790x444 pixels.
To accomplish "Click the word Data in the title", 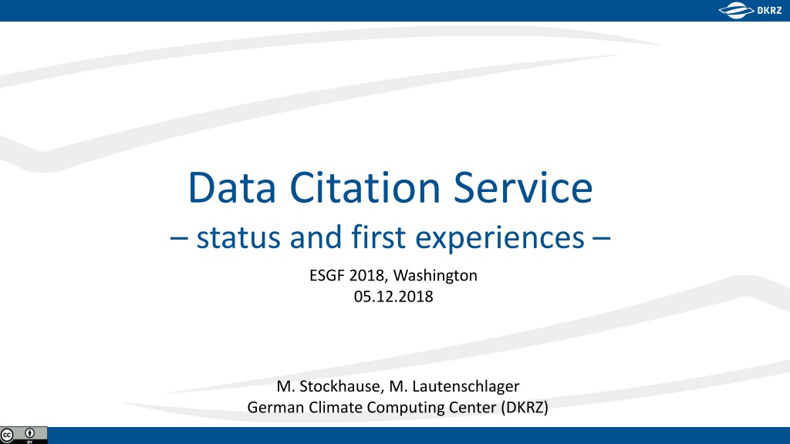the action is click(231, 188).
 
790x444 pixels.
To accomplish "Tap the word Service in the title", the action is click(523, 188).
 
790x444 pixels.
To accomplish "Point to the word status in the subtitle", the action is click(238, 237).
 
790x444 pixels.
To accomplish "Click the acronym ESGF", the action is click(327, 275).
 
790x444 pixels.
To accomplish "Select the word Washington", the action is click(435, 276).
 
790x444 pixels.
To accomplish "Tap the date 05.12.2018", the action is click(393, 297).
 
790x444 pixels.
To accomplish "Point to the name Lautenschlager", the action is click(465, 387).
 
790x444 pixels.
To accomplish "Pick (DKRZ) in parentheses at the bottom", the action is click(525, 407).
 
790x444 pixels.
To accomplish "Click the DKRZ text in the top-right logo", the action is click(769, 11).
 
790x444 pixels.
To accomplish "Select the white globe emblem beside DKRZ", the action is click(736, 11).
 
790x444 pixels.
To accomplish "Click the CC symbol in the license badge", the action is click(7, 435).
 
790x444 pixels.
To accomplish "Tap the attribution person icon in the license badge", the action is click(30, 433).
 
